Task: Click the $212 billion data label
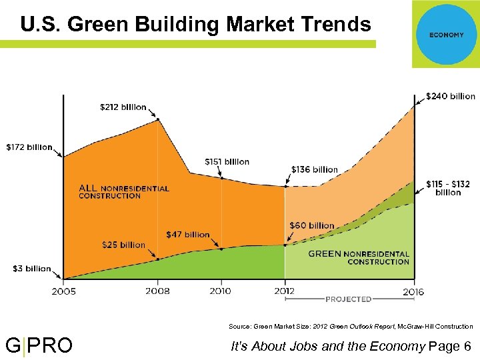(x=123, y=107)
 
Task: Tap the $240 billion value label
(x=451, y=96)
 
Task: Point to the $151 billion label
(x=227, y=161)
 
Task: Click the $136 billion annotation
(x=315, y=169)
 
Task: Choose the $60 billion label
(x=311, y=225)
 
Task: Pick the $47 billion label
(x=187, y=234)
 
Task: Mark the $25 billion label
(x=123, y=245)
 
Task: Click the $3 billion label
(x=31, y=269)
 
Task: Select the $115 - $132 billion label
(x=448, y=187)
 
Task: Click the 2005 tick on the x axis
(x=63, y=291)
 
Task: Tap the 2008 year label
(x=157, y=291)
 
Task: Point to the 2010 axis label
(x=221, y=291)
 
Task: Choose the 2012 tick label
(x=285, y=291)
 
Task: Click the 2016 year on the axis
(x=413, y=291)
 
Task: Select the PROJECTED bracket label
(x=349, y=299)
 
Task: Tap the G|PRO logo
(x=39, y=346)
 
